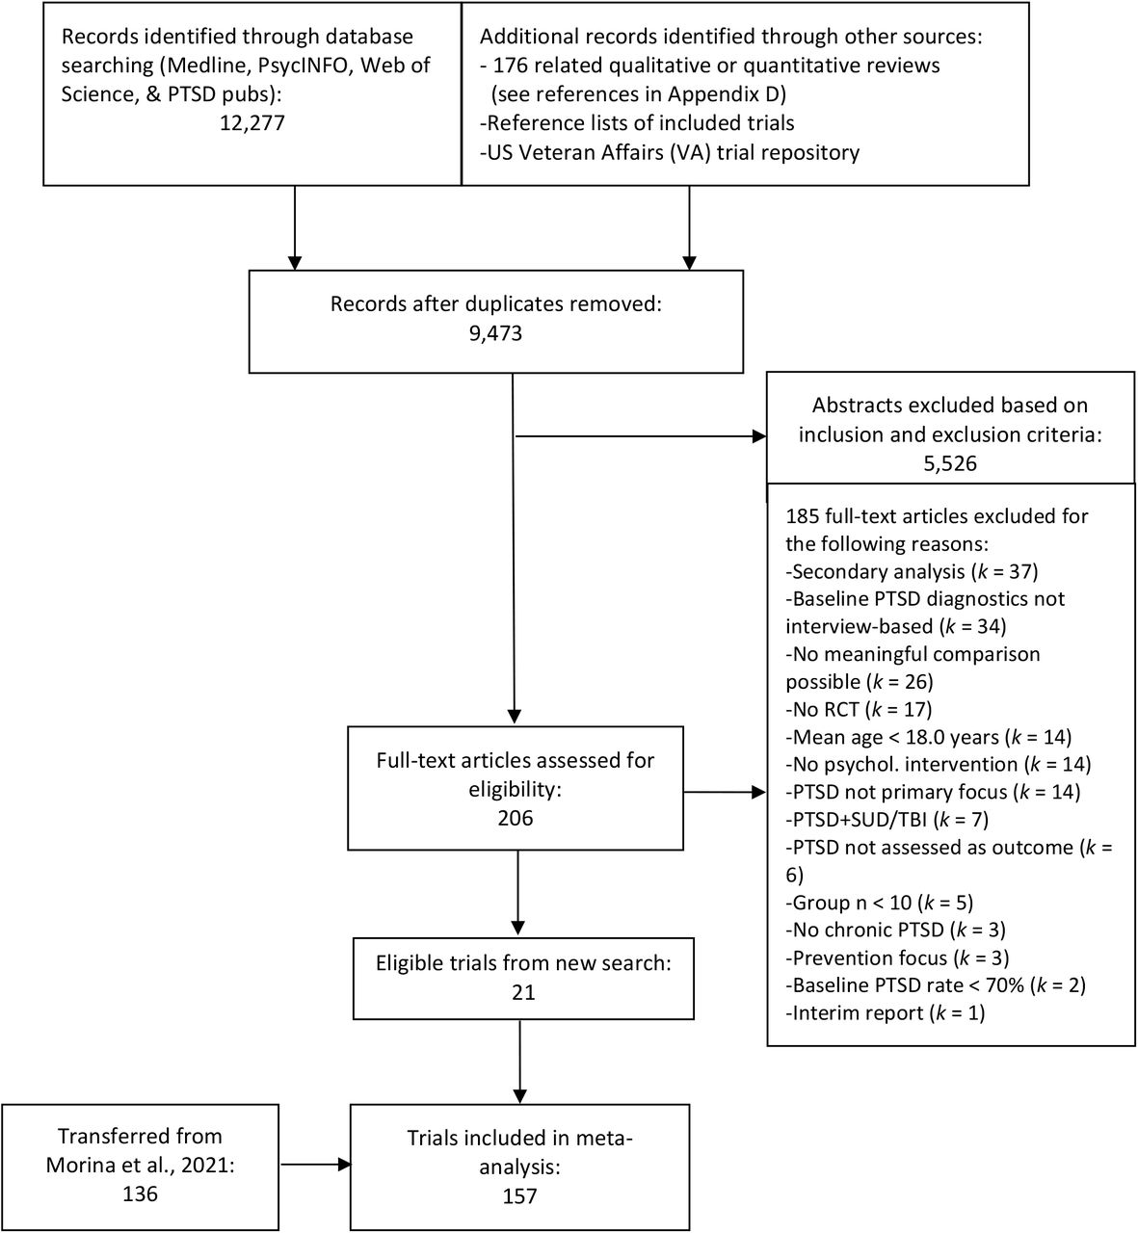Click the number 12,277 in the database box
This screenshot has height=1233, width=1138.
(x=252, y=123)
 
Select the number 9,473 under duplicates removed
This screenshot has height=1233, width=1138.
(x=495, y=333)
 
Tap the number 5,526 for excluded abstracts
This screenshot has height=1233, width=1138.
(x=950, y=463)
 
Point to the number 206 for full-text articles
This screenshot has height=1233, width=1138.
(x=515, y=818)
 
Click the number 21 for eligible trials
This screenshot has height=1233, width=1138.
(x=523, y=992)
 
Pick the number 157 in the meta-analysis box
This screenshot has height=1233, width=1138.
(x=519, y=1195)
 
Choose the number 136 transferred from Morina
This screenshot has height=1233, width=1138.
(x=140, y=1194)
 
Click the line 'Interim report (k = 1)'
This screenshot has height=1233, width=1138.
(x=886, y=1013)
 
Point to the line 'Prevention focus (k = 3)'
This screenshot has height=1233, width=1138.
(x=898, y=958)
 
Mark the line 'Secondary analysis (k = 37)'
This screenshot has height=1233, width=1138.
(x=912, y=571)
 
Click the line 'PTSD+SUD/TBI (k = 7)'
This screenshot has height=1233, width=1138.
(x=887, y=820)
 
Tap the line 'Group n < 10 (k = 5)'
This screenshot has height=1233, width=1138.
(x=880, y=903)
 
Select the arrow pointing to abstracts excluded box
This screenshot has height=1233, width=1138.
(x=641, y=436)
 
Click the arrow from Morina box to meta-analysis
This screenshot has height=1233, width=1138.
(x=315, y=1165)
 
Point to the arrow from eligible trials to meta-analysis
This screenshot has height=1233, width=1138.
(x=520, y=1062)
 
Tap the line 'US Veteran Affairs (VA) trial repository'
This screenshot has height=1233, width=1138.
(x=670, y=152)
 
